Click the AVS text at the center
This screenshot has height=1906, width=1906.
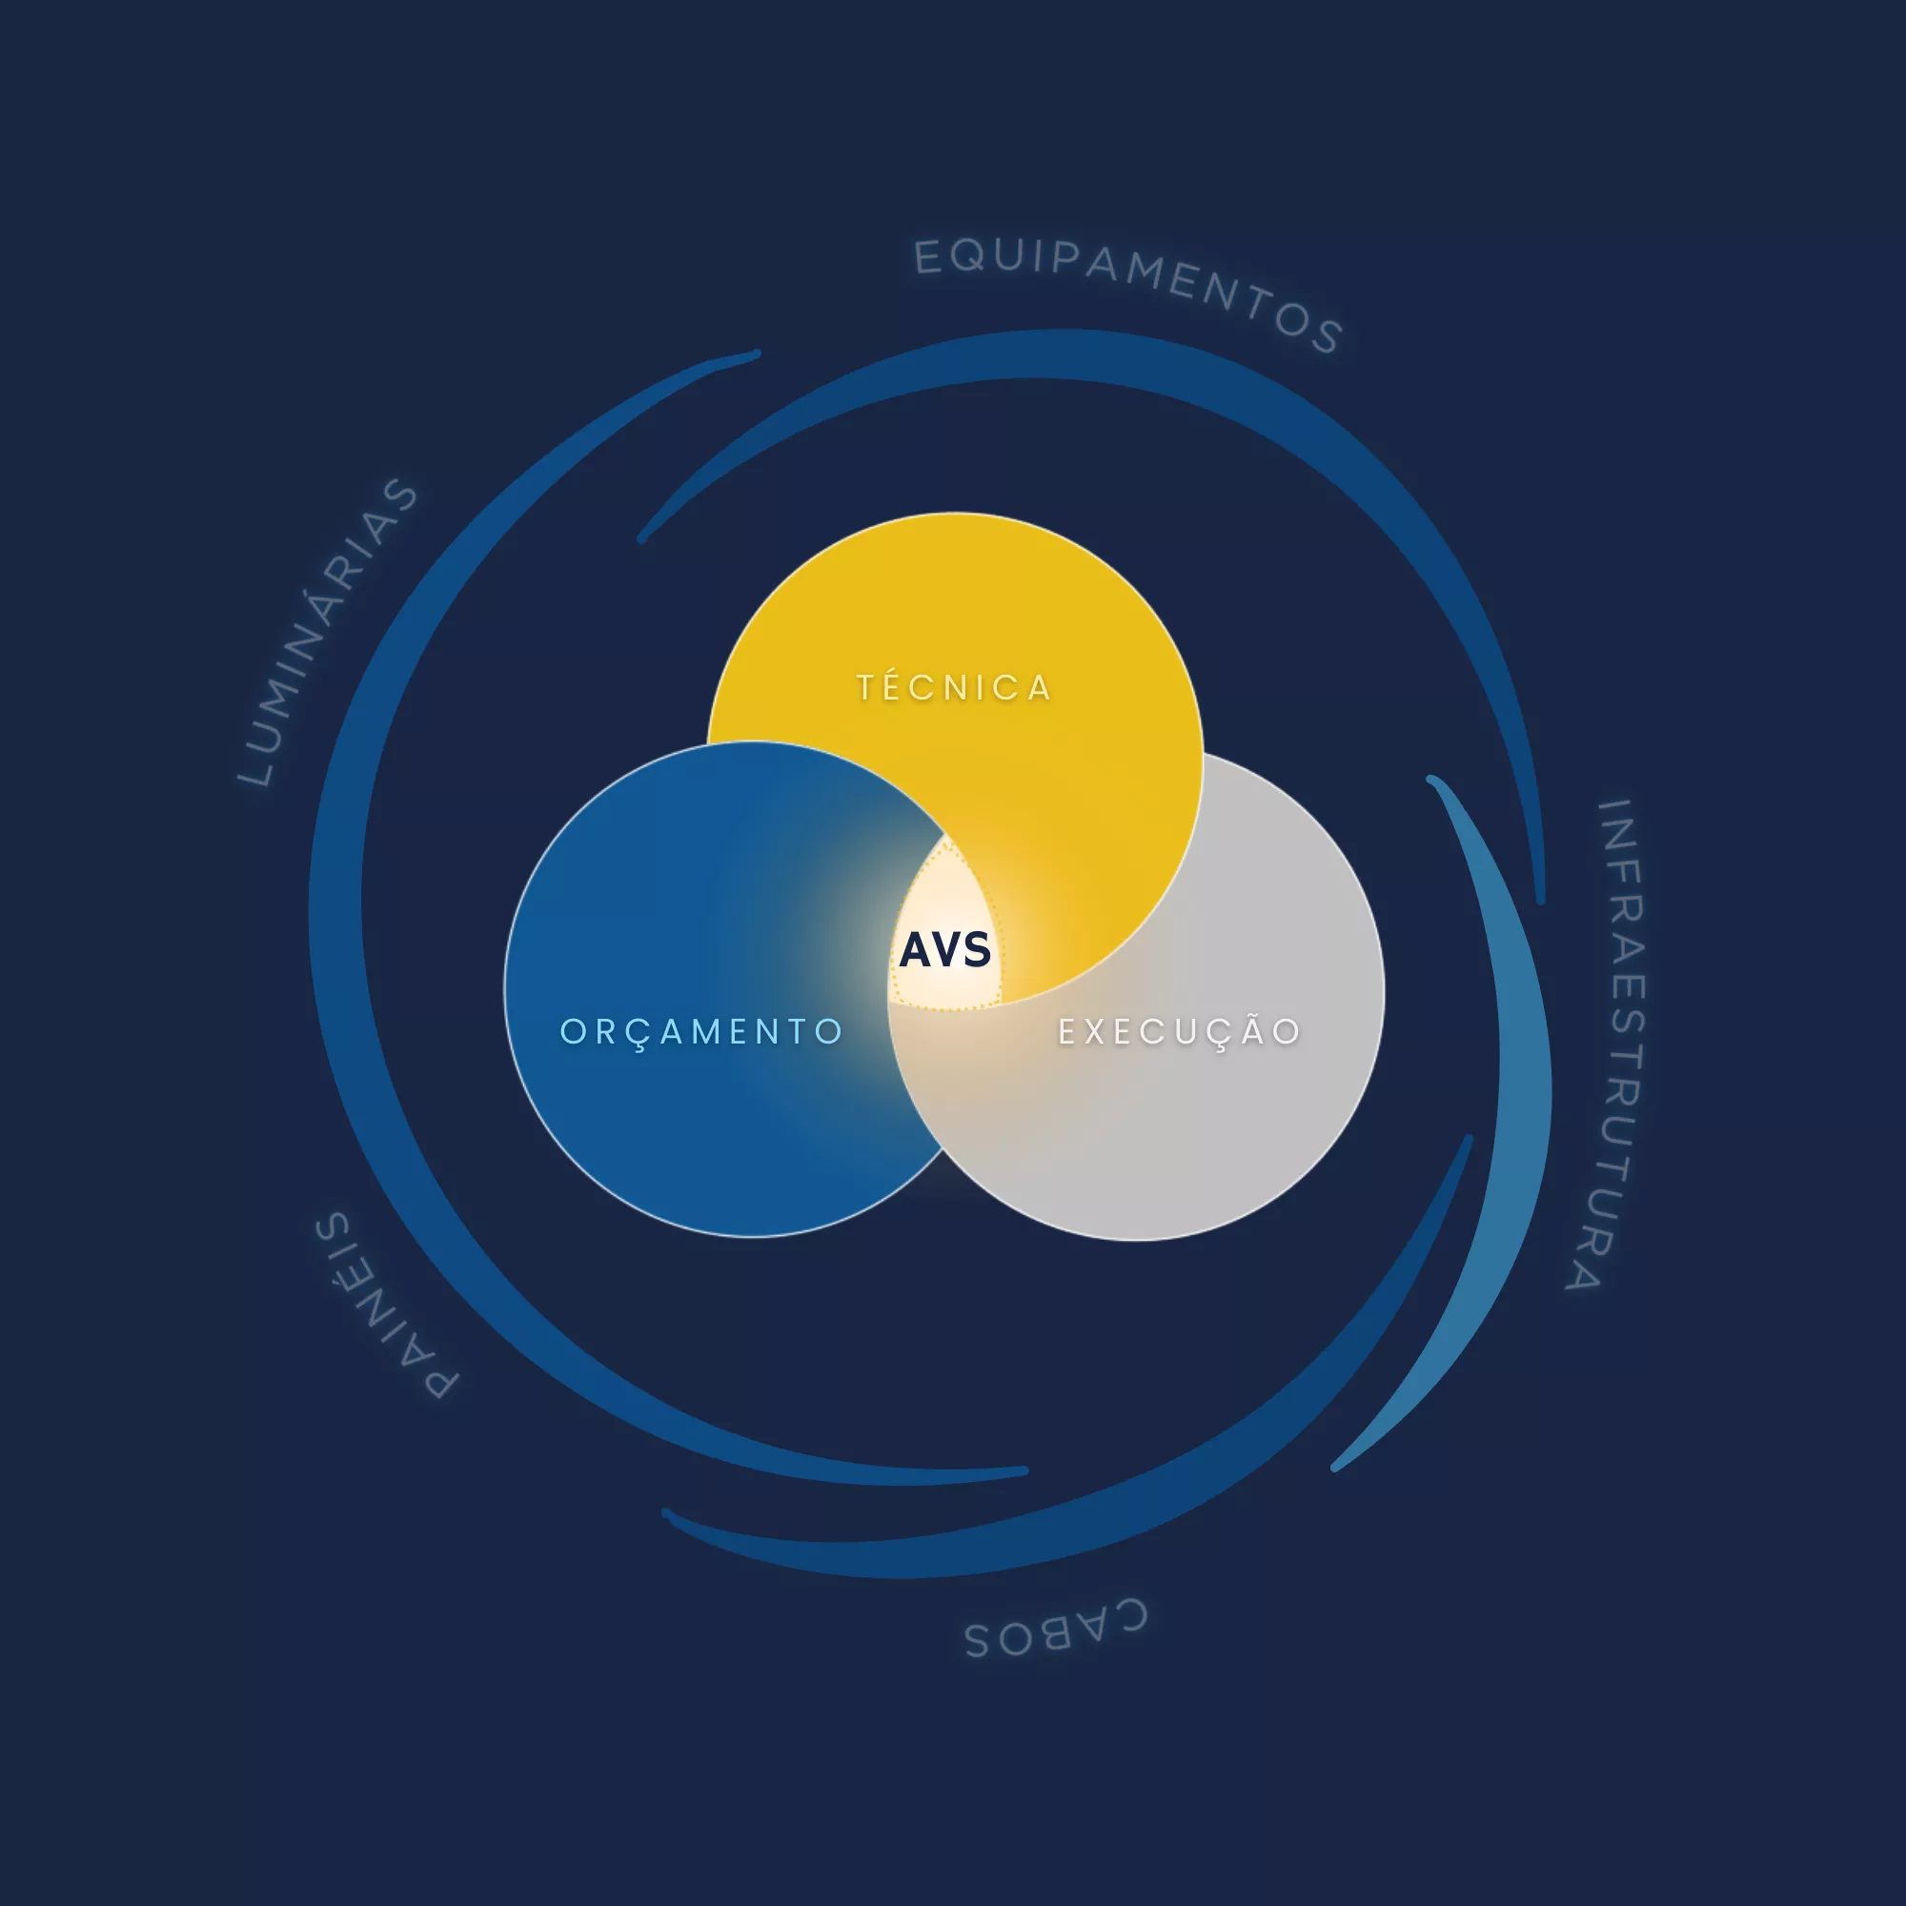click(945, 950)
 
